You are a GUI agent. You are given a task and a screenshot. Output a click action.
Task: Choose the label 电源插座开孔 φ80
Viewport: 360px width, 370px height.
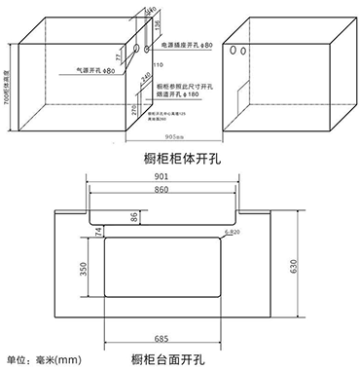coord(186,45)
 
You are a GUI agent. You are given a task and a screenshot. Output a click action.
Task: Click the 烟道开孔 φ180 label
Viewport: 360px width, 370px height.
coord(176,93)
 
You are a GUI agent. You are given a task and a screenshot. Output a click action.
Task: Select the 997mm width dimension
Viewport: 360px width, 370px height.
coord(174,136)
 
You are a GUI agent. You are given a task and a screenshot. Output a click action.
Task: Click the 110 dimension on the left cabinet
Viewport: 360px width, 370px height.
coord(156,64)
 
